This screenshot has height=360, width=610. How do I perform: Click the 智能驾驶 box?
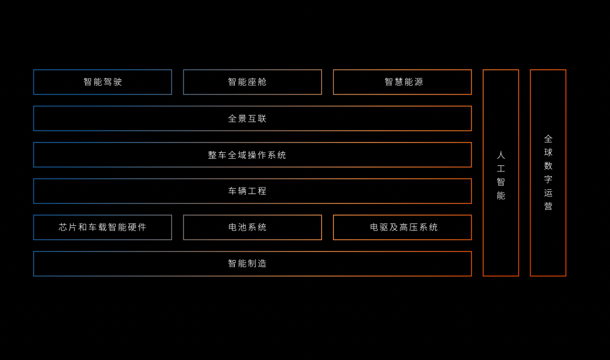(102, 82)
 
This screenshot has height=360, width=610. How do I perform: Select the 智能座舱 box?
(252, 82)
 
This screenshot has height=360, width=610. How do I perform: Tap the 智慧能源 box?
(402, 82)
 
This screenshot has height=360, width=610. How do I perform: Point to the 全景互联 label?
(247, 119)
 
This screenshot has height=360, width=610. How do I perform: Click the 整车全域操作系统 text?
(247, 155)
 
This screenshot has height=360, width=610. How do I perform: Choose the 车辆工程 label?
(247, 191)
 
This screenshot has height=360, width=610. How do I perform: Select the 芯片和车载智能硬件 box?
(102, 228)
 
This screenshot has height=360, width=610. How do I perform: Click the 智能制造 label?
(247, 264)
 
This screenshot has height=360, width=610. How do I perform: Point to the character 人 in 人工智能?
(501, 155)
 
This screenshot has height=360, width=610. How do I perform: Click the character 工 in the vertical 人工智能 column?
(501, 169)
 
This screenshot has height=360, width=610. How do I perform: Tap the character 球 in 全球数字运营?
(548, 152)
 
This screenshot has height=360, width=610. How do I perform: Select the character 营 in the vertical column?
(548, 206)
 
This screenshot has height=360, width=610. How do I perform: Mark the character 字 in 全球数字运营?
(548, 179)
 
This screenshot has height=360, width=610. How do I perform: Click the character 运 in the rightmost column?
(548, 193)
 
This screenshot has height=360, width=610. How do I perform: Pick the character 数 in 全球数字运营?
(548, 166)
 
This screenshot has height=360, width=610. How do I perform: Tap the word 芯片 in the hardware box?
(68, 228)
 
